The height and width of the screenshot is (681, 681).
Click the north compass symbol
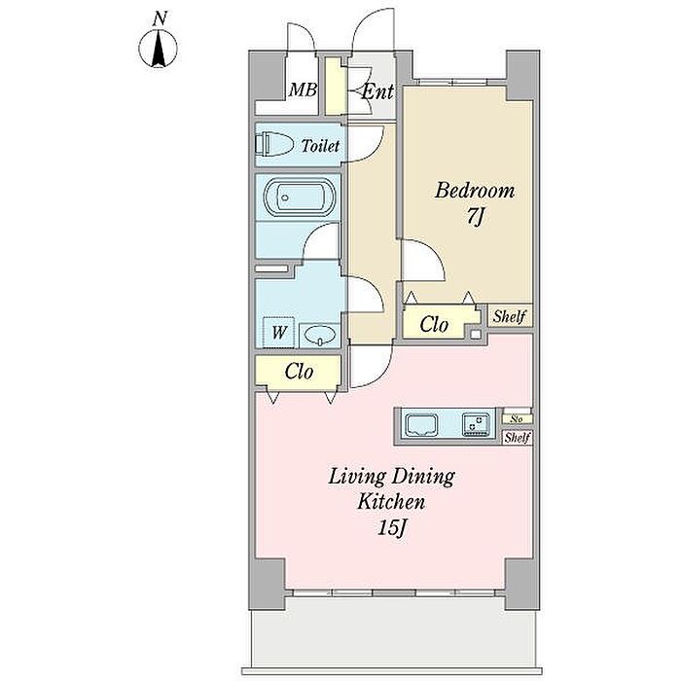click(158, 48)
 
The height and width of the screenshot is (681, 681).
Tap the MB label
click(303, 90)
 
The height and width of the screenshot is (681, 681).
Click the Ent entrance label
click(377, 91)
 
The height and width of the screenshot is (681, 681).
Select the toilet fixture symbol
click(274, 144)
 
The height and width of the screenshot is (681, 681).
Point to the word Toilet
click(320, 146)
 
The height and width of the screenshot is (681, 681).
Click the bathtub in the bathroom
click(300, 197)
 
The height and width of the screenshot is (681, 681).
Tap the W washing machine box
click(279, 333)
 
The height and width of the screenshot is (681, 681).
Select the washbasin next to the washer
click(320, 336)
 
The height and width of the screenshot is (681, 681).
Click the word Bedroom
click(475, 191)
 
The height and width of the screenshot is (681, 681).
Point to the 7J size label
click(475, 217)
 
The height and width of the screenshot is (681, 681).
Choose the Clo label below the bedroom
click(434, 324)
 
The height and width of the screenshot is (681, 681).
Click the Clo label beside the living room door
click(299, 372)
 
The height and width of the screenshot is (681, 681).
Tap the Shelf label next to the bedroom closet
click(510, 316)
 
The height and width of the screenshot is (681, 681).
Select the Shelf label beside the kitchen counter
click(517, 438)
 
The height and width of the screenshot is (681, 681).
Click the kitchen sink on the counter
click(421, 424)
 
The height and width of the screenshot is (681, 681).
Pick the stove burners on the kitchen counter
click(476, 424)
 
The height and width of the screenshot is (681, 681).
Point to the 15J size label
click(392, 528)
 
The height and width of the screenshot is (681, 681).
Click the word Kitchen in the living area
click(391, 502)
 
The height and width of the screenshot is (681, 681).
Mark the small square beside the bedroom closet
click(476, 335)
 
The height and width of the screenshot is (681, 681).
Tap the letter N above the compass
click(160, 18)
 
